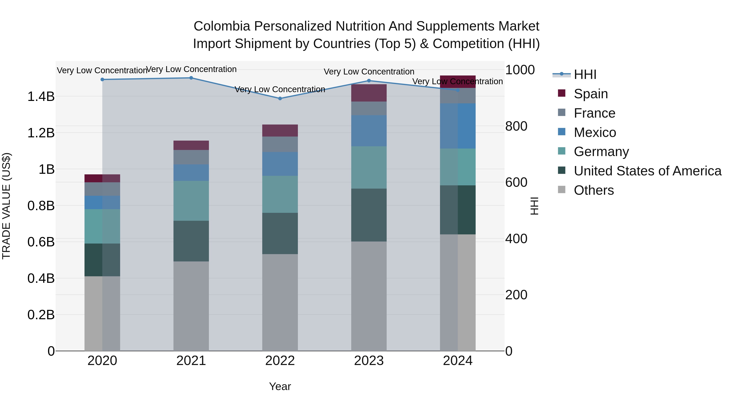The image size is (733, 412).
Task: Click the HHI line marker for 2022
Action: (x=280, y=99)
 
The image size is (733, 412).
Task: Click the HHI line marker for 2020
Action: (x=102, y=80)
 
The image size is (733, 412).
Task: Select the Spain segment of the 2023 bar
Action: (x=369, y=93)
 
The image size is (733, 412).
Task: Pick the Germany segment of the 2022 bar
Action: (x=280, y=194)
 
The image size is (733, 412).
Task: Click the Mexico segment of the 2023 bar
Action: (x=369, y=131)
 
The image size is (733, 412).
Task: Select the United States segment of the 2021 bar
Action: (x=191, y=241)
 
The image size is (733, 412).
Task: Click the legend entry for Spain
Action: (x=590, y=94)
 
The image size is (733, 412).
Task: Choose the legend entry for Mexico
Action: (x=595, y=132)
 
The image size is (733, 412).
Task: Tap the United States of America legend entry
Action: (x=647, y=171)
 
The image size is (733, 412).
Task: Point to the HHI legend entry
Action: (x=585, y=74)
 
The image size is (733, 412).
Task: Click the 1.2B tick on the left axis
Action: (x=41, y=133)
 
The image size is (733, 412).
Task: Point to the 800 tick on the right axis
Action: (x=516, y=126)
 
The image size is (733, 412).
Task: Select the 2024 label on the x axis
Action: (x=458, y=361)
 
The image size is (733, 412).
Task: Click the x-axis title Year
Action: (x=280, y=386)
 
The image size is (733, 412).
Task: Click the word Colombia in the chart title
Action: (x=222, y=26)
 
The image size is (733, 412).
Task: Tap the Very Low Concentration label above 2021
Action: (x=191, y=69)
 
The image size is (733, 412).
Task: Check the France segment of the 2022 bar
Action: (x=280, y=144)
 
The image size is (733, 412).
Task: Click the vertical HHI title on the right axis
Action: (x=534, y=206)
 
